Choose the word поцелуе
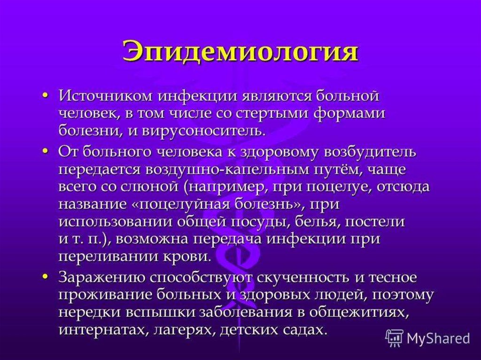click(340, 188)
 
